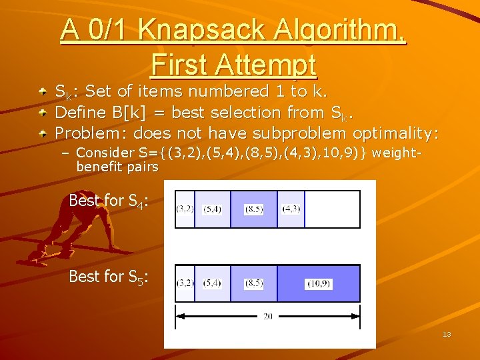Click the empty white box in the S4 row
[332, 209]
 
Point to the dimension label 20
[267, 316]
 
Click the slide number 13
[447, 334]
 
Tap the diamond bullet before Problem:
[43, 133]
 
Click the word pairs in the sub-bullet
[145, 167]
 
